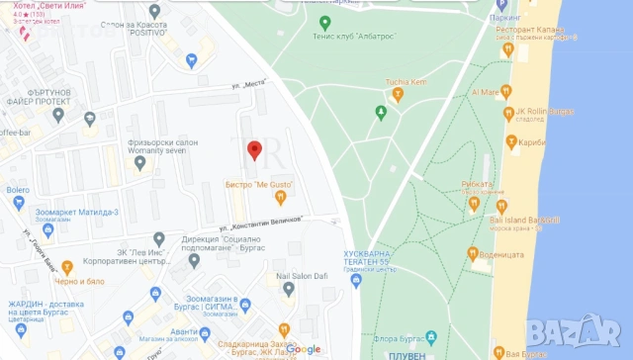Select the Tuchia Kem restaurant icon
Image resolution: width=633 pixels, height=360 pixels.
pyautogui.click(x=398, y=95)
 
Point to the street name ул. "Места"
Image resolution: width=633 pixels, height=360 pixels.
pyautogui.click(x=251, y=85)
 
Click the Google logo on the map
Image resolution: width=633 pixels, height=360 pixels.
pyautogui.click(x=304, y=349)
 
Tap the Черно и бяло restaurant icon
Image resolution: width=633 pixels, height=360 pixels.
pyautogui.click(x=67, y=267)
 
